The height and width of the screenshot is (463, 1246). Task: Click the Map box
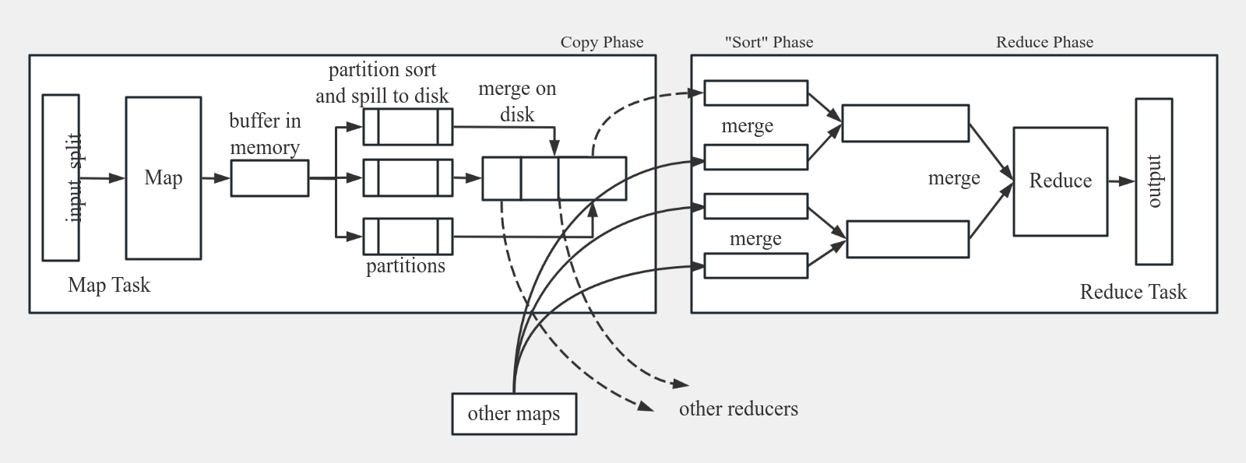(x=164, y=178)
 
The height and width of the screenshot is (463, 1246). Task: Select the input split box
(x=61, y=177)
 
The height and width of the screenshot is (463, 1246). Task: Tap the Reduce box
(x=1060, y=181)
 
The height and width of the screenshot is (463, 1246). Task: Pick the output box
(x=1154, y=181)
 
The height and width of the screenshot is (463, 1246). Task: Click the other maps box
(x=514, y=414)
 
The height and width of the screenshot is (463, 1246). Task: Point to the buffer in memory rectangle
(x=269, y=178)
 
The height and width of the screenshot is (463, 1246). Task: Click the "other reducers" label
(x=738, y=409)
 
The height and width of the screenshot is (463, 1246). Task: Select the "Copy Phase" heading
(x=602, y=42)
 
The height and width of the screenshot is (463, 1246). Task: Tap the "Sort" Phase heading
(x=769, y=42)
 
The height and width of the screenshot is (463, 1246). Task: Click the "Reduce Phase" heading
(x=1044, y=42)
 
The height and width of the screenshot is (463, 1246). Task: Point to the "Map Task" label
(x=109, y=285)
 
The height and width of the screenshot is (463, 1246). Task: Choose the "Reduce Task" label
(x=1133, y=293)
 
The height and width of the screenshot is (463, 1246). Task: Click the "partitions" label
(x=406, y=266)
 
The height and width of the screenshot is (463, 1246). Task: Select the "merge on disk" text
(x=517, y=102)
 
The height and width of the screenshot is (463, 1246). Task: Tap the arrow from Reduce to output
(x=1121, y=181)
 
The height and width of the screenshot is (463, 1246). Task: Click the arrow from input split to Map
(x=102, y=178)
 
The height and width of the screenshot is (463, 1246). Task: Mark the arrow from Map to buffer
(x=216, y=178)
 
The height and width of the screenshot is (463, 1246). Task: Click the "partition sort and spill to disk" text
(x=382, y=82)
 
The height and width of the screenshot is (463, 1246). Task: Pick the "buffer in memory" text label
(x=265, y=134)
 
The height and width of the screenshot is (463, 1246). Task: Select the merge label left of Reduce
(x=954, y=179)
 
